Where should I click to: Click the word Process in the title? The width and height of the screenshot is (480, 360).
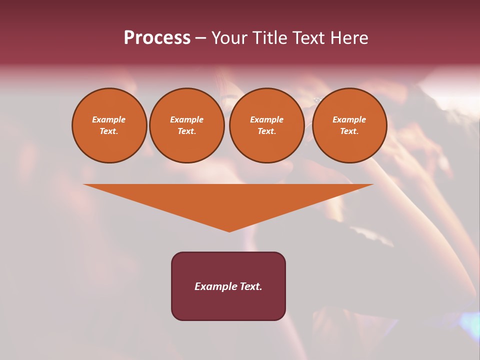(x=157, y=38)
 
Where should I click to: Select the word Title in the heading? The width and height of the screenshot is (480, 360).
(x=269, y=38)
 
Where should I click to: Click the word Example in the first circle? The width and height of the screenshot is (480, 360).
(x=109, y=119)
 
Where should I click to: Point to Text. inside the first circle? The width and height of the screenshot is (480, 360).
(x=109, y=131)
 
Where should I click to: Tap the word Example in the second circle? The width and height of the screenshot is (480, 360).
(x=186, y=119)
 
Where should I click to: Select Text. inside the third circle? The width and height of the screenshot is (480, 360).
(x=266, y=131)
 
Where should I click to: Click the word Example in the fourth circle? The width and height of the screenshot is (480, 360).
(x=349, y=119)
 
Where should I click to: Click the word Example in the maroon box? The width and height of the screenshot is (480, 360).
(x=215, y=286)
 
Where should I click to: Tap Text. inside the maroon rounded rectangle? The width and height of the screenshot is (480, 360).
(x=250, y=286)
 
